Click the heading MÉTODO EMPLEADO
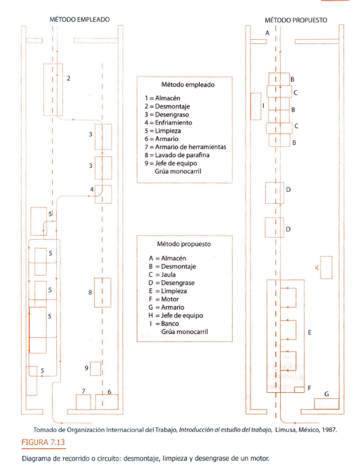(80, 20)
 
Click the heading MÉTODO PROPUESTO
(296, 20)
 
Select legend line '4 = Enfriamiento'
(168, 123)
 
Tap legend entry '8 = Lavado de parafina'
(177, 155)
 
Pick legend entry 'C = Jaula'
(162, 274)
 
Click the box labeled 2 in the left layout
(53, 89)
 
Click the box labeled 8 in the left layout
(103, 293)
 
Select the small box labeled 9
(95, 368)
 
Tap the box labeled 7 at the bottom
(83, 402)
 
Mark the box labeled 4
(104, 194)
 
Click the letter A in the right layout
(267, 33)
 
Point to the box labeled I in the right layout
(256, 106)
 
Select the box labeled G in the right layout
(326, 404)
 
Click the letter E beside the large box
(310, 333)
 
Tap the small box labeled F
(300, 389)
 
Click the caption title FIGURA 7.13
(43, 442)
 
